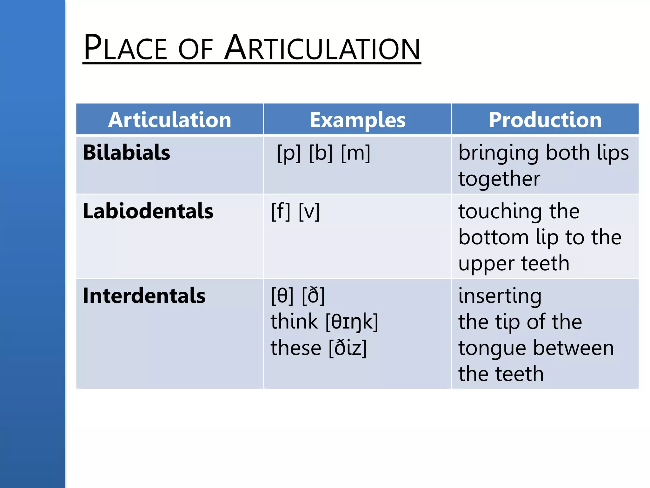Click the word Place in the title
[x=125, y=48]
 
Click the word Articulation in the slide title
[x=322, y=48]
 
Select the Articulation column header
[x=169, y=120]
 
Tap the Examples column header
[x=357, y=120]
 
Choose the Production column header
[x=545, y=120]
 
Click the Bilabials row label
[x=126, y=152]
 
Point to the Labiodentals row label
[x=148, y=211]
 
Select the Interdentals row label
[x=144, y=295]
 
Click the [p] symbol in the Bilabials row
[x=289, y=153]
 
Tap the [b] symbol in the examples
[x=321, y=153]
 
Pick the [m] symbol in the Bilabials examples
[x=355, y=153]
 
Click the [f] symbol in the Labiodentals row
[x=281, y=211]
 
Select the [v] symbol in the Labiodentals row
[x=309, y=211]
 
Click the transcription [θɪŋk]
[x=352, y=322]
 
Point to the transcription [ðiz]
[x=348, y=348]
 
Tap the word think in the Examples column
[x=294, y=322]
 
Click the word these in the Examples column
[x=296, y=348]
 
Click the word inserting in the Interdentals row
[x=500, y=296]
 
